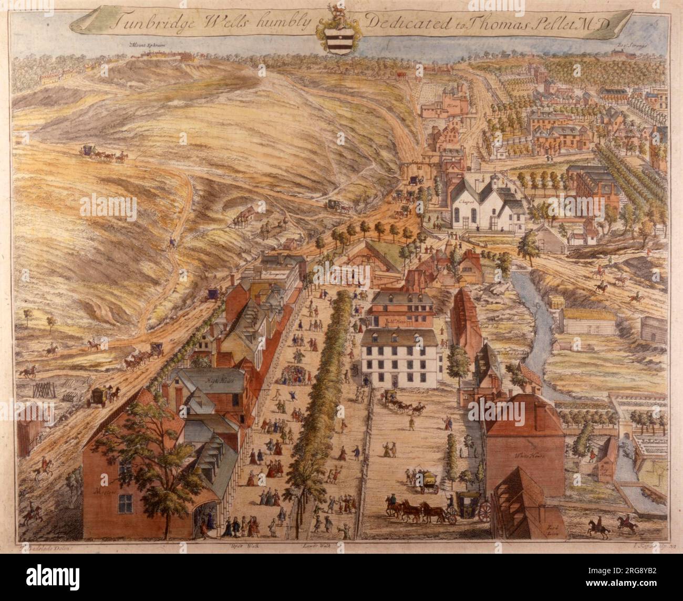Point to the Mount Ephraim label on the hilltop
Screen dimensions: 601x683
(144, 46)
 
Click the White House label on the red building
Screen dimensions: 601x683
(527, 456)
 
